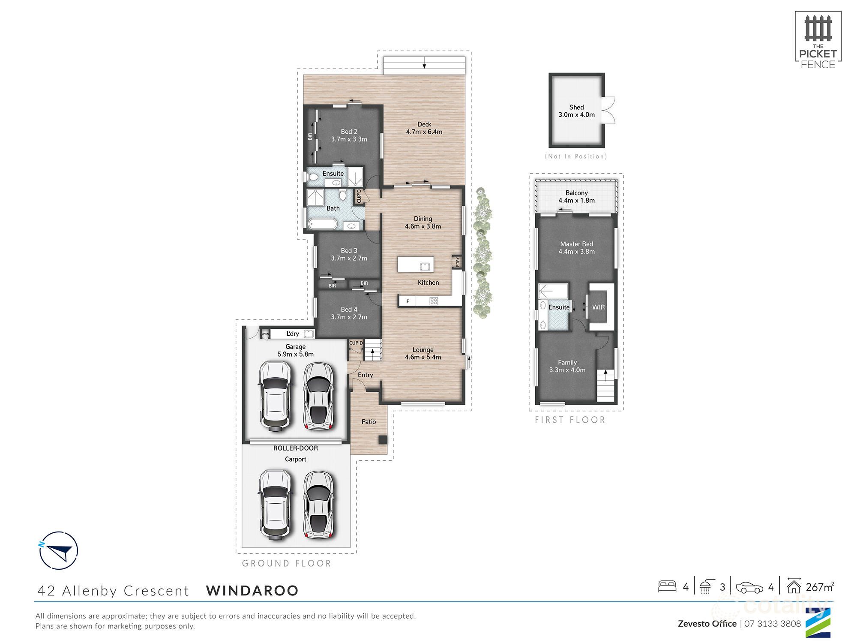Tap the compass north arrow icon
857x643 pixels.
tap(58, 550)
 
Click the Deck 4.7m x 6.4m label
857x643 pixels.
tap(424, 128)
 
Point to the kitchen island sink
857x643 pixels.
tap(425, 267)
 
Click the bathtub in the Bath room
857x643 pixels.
tap(323, 224)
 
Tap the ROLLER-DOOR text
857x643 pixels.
tap(296, 448)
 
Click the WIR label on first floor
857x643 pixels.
tap(598, 307)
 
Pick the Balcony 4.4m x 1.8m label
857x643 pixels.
tap(576, 196)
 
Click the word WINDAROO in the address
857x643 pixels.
tap(252, 590)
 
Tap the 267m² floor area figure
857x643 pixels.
tap(819, 587)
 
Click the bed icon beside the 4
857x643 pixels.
tap(667, 586)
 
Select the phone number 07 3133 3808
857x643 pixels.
tap(772, 624)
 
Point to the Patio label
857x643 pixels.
tap(369, 422)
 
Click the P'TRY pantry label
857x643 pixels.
tap(458, 261)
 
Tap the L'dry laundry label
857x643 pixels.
tap(293, 334)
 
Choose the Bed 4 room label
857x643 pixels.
tap(349, 313)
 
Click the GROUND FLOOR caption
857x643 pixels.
tap(286, 563)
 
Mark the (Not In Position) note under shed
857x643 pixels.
tap(576, 156)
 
